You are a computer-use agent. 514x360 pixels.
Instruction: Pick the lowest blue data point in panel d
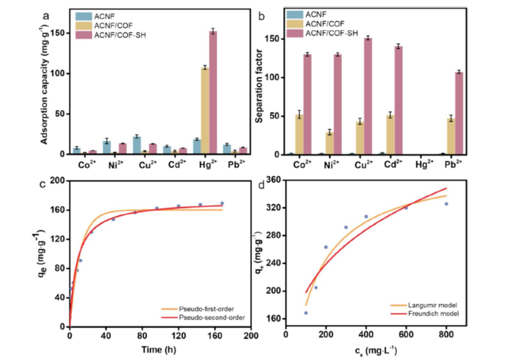click(306, 313)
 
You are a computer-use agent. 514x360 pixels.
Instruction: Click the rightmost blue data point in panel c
click(222, 204)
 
